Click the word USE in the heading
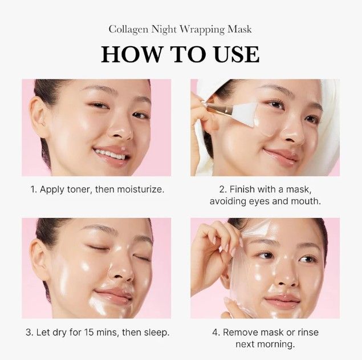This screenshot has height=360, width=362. click(x=231, y=54)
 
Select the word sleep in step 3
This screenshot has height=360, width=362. click(x=157, y=332)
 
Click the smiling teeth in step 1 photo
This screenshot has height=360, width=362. click(x=112, y=154)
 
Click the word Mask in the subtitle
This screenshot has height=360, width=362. click(x=241, y=29)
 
